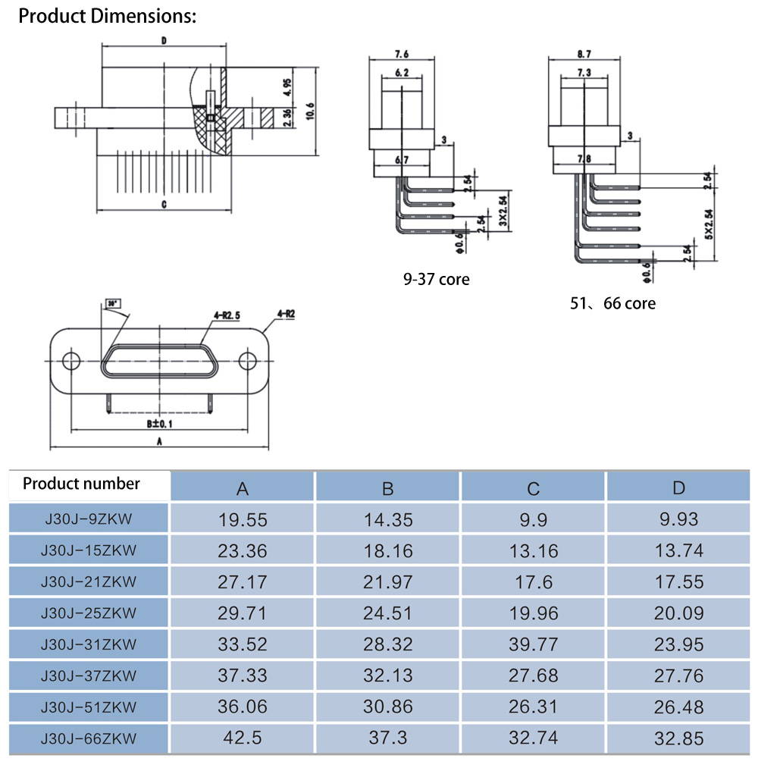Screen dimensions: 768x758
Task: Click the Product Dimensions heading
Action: click(x=107, y=17)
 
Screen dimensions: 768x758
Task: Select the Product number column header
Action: click(x=81, y=484)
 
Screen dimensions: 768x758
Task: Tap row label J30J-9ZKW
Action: click(x=89, y=519)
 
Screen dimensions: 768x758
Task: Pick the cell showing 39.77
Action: click(x=533, y=644)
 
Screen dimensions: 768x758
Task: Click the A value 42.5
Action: click(x=242, y=738)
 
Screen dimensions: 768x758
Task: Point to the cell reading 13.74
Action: click(x=678, y=551)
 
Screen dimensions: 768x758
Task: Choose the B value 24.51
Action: click(x=387, y=613)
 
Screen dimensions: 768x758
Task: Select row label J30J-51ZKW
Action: click(x=89, y=707)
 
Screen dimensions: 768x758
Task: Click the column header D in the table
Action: click(x=678, y=488)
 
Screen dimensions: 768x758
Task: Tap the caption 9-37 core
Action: click(x=436, y=280)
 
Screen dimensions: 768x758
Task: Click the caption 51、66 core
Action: click(x=613, y=303)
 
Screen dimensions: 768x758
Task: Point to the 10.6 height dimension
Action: click(x=310, y=110)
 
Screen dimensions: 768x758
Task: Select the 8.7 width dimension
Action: click(x=584, y=54)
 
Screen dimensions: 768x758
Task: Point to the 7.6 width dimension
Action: click(x=402, y=54)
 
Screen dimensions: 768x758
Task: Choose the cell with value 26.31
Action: click(x=533, y=707)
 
